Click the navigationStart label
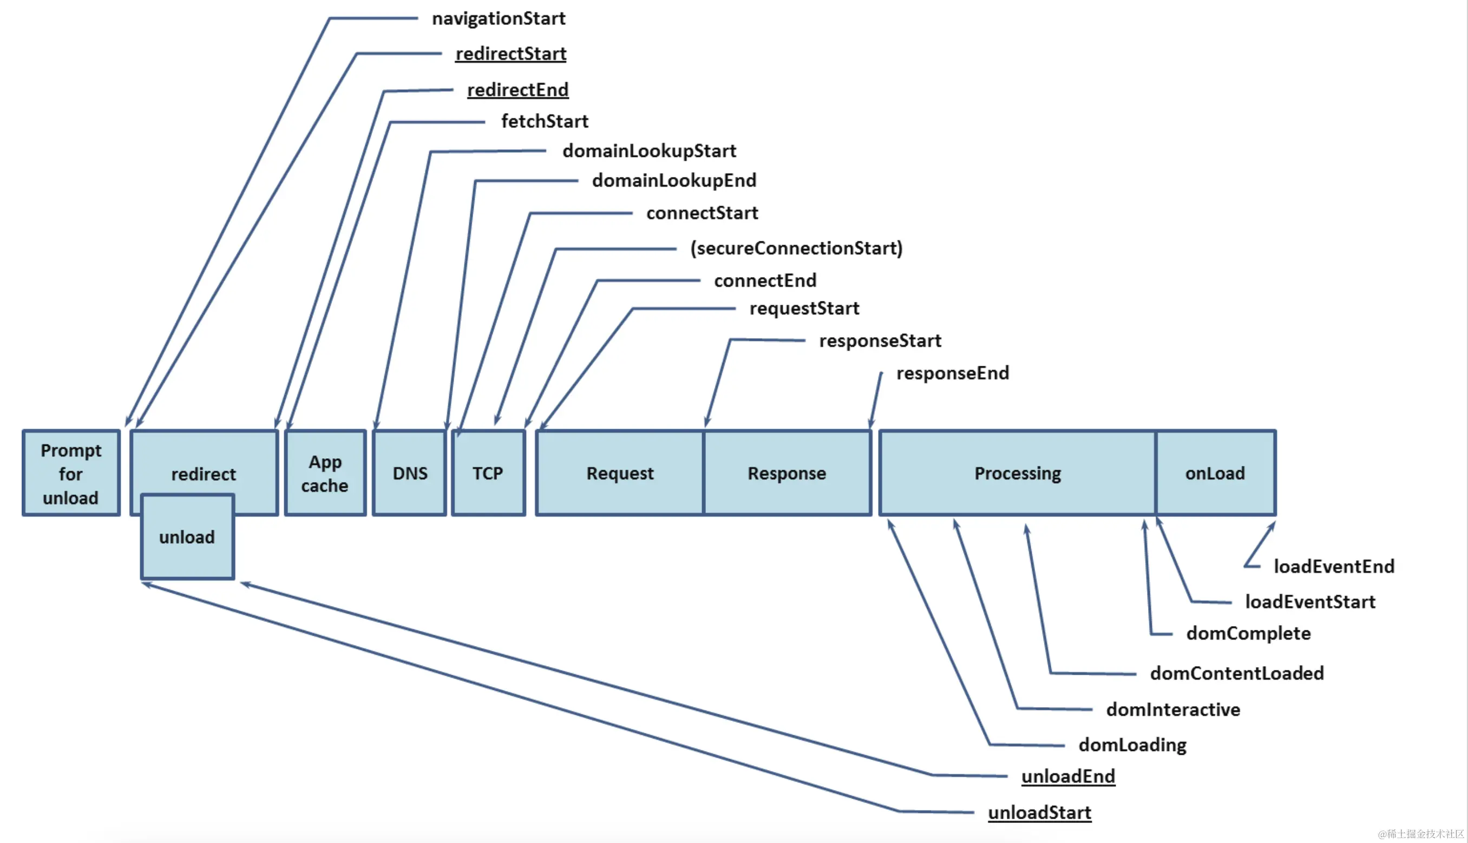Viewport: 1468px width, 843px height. tap(499, 18)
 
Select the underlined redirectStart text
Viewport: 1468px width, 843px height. tap(511, 54)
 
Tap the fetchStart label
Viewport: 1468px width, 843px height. tap(545, 121)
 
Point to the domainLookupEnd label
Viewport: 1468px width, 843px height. tap(674, 181)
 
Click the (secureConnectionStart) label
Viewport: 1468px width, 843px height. tap(796, 248)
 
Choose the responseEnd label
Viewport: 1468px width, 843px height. tap(953, 373)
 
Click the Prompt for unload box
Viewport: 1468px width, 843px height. tap(71, 473)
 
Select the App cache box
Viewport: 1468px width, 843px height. tap(325, 473)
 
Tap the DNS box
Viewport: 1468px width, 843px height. tap(410, 473)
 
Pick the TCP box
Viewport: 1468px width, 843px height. tap(488, 473)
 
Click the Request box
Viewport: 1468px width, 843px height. tap(620, 473)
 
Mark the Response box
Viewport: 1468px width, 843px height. tap(787, 473)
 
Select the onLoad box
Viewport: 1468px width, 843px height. tap(1215, 473)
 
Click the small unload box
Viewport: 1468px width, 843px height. tap(187, 537)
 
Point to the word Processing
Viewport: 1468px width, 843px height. tap(1018, 473)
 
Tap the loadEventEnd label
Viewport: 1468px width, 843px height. tap(1334, 567)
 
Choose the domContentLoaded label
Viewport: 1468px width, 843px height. tap(1237, 673)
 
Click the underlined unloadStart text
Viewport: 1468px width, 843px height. tap(1039, 813)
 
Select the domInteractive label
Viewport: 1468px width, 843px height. tap(1173, 710)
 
